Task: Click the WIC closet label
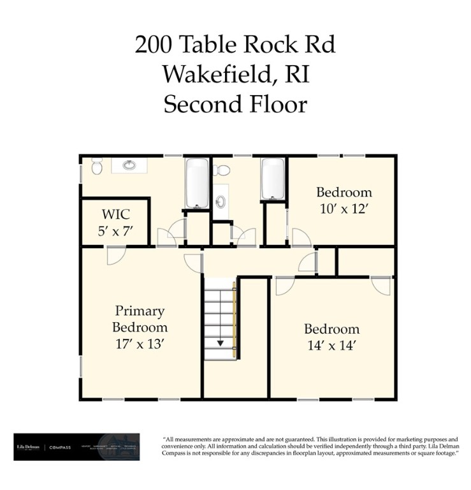(117, 213)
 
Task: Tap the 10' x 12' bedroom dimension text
(344, 209)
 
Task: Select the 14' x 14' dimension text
(331, 346)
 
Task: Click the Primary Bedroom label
(140, 319)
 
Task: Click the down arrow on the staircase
(221, 343)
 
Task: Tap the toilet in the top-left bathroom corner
(97, 167)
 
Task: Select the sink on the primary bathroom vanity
(129, 165)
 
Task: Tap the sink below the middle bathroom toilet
(221, 202)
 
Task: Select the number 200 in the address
(153, 45)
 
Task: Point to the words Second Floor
(235, 103)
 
